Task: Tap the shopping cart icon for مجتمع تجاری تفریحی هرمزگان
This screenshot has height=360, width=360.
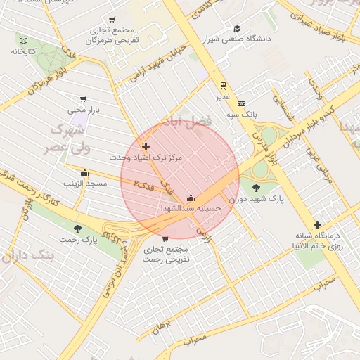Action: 112,20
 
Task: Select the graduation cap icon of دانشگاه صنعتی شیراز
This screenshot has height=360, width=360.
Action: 237,28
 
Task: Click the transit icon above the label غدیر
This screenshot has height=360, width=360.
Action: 223,86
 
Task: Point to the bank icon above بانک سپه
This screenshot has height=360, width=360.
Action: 241,103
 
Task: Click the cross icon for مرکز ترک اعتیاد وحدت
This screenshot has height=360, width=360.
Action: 146,147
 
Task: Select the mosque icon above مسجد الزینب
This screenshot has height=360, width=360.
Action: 85,172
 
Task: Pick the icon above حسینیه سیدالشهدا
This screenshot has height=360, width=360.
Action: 191,198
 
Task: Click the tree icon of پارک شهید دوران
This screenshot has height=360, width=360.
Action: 255,187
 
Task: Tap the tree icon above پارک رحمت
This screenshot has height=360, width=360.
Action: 77,229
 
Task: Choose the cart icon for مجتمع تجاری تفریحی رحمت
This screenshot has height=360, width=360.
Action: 165,239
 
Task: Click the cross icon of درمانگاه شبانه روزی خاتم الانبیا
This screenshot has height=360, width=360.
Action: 317,225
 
